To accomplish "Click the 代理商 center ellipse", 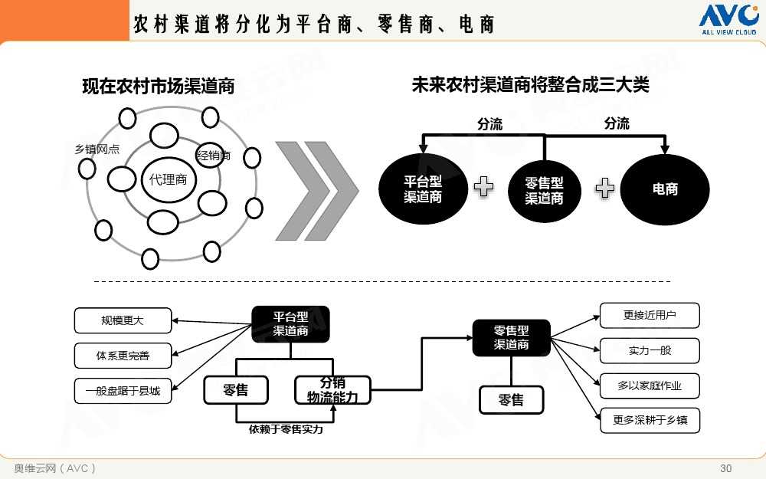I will [x=168, y=180].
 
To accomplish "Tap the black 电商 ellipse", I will [x=665, y=189].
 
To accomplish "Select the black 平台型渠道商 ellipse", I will [x=423, y=189].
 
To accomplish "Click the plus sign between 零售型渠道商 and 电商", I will [x=605, y=188].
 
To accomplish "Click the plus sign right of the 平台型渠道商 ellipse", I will [x=483, y=186].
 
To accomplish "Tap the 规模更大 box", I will [x=123, y=320].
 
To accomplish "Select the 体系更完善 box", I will [x=123, y=356].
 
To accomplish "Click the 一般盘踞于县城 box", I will [x=123, y=391].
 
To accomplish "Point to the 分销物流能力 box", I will [x=332, y=390].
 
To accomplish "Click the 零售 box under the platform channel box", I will [x=236, y=390].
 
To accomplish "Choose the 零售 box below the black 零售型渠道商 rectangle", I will [x=511, y=400].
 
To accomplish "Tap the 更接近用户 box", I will [x=650, y=315].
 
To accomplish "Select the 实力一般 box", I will [x=650, y=350].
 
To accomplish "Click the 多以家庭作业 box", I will [x=650, y=385].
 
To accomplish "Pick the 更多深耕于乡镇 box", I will [x=650, y=421].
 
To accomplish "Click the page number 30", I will [x=726, y=468].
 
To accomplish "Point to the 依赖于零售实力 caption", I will [x=286, y=430].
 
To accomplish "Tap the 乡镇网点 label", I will [x=97, y=149].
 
